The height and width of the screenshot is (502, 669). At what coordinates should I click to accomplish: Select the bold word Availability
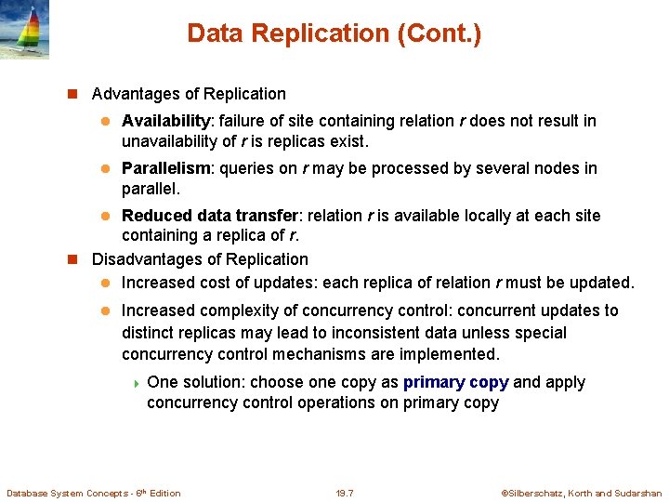(166, 121)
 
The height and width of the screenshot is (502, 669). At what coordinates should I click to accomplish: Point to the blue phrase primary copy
(455, 382)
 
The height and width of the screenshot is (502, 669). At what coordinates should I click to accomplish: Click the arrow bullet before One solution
(137, 383)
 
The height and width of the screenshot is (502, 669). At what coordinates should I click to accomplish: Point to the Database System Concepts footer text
(94, 493)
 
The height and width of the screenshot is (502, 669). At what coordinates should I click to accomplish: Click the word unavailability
(167, 142)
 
